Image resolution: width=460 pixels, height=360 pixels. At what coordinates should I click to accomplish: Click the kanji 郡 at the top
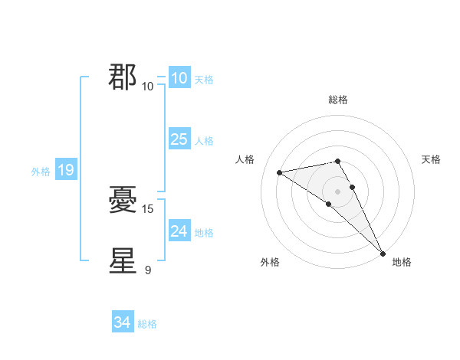pyautogui.click(x=123, y=77)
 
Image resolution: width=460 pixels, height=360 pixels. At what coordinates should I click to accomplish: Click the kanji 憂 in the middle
pyautogui.click(x=123, y=201)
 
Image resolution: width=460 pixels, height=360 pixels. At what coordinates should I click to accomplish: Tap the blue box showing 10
pyautogui.click(x=179, y=78)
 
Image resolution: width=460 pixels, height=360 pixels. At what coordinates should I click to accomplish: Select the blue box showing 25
pyautogui.click(x=179, y=139)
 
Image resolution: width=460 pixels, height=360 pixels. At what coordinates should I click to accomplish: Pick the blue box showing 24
pyautogui.click(x=179, y=231)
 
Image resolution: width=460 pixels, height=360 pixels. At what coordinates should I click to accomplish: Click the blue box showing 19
pyautogui.click(x=66, y=170)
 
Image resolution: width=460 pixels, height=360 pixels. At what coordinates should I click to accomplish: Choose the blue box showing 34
pyautogui.click(x=123, y=322)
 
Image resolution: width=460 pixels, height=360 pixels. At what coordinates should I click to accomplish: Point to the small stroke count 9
pyautogui.click(x=148, y=270)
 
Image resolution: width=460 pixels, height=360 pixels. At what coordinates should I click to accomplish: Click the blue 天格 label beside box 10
pyautogui.click(x=204, y=80)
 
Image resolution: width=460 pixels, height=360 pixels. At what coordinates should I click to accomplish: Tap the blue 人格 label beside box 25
pyautogui.click(x=204, y=141)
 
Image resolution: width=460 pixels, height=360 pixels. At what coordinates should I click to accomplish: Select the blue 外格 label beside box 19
pyautogui.click(x=41, y=172)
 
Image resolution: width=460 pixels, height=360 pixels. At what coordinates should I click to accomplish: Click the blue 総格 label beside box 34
pyautogui.click(x=147, y=324)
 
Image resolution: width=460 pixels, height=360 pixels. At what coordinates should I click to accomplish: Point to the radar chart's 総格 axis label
pyautogui.click(x=338, y=100)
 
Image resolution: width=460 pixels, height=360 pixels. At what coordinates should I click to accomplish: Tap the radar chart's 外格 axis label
pyautogui.click(x=270, y=262)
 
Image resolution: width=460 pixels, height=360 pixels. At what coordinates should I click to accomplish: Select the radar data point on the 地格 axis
pyautogui.click(x=383, y=252)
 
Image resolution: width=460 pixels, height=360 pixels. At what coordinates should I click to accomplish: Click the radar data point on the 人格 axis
pyautogui.click(x=280, y=172)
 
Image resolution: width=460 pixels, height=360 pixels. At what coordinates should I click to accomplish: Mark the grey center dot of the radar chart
pyautogui.click(x=338, y=191)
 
